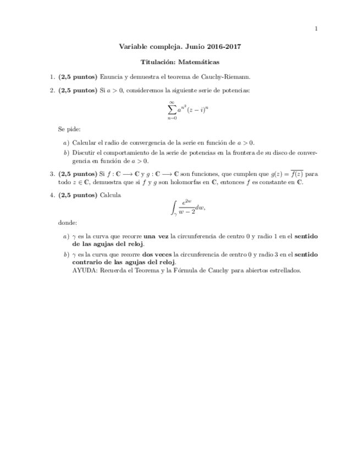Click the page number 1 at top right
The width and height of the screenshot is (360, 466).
(316, 29)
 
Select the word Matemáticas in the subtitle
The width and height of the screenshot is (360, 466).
(199, 63)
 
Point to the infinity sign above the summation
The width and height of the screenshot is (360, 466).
(172, 101)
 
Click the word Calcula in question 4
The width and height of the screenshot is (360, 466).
(110, 195)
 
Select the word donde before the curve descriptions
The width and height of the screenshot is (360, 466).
(68, 223)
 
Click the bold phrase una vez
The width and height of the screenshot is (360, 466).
(156, 236)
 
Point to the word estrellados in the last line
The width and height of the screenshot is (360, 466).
(285, 270)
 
